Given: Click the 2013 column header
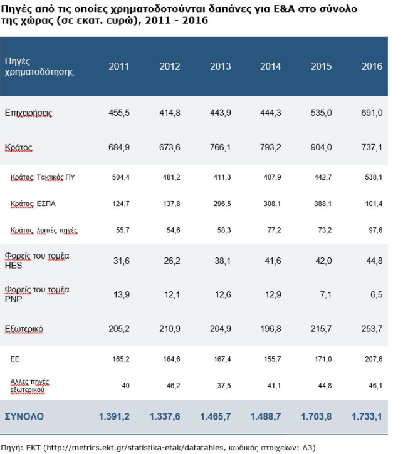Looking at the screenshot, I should (220, 66).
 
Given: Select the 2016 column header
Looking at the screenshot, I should (372, 66).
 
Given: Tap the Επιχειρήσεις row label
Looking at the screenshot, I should (28, 113).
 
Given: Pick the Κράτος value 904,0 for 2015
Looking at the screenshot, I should (322, 148).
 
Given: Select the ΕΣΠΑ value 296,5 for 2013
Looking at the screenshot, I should (220, 204).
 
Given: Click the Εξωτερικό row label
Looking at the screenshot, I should (24, 329).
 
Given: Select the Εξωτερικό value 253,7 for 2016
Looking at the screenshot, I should (372, 329).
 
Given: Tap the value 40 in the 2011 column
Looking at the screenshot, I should (125, 385).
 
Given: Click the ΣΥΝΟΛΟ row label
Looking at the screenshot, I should (24, 415).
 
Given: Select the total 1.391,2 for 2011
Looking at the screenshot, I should (115, 415).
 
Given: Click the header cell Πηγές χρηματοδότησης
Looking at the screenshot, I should (39, 66).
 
